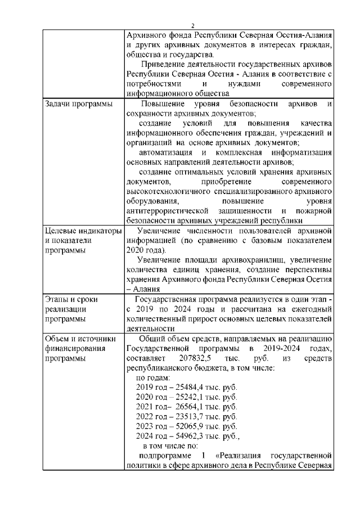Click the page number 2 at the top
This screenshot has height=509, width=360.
[x=192, y=25]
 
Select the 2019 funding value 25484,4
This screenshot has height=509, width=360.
[x=190, y=388]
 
